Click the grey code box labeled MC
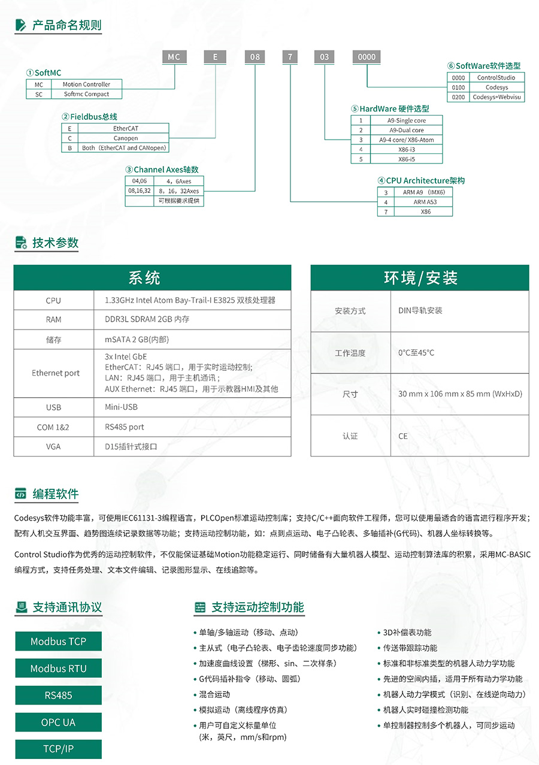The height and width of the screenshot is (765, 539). [174, 57]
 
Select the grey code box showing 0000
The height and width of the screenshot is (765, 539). [367, 57]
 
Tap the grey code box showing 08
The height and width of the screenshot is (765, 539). [255, 57]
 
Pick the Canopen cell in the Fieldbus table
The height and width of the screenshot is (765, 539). [125, 138]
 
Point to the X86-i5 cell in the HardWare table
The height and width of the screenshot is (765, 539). [407, 159]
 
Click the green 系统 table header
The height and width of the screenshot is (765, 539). [152, 278]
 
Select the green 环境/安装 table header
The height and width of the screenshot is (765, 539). [420, 278]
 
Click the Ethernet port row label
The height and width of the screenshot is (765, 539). [55, 373]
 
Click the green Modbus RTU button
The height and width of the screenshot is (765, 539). [58, 669]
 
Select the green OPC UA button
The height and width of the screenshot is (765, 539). [58, 722]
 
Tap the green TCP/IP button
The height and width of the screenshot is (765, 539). [58, 749]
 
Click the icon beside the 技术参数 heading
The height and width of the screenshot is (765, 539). [21, 243]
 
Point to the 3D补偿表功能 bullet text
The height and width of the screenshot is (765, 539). [407, 633]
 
